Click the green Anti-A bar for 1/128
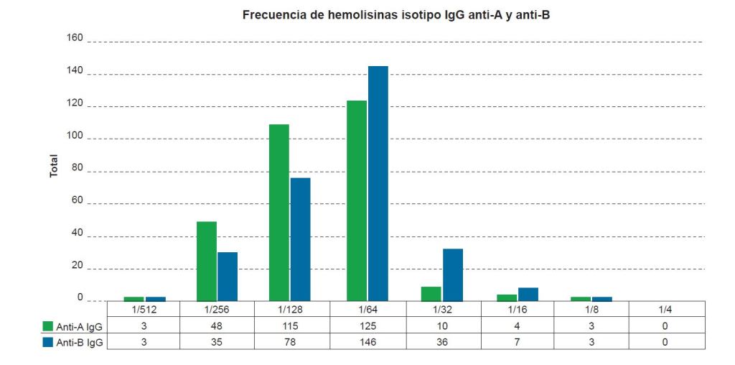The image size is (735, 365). tap(278, 213)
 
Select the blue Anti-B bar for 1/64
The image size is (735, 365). tap(378, 183)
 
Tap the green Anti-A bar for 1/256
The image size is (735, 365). tap(207, 261)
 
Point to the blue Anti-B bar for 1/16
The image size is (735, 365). tap(528, 294)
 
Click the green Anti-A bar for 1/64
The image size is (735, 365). tap(357, 200)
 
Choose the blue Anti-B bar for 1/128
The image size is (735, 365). tap(300, 239)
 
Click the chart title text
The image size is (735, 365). tap(395, 15)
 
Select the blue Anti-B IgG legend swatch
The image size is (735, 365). tap(48, 343)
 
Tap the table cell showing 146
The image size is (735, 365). tap(367, 343)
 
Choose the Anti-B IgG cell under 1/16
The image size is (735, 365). tap(516, 343)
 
